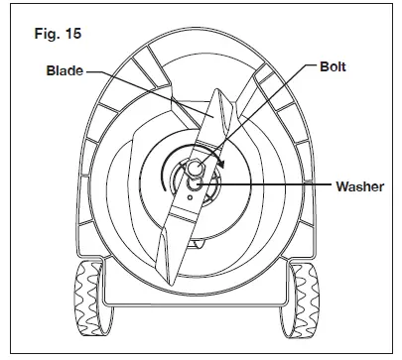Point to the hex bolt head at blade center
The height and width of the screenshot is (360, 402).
pyautogui.click(x=196, y=167)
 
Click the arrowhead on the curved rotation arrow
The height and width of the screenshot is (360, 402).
pyautogui.click(x=224, y=165)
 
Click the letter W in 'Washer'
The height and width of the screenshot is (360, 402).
pyautogui.click(x=317, y=186)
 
